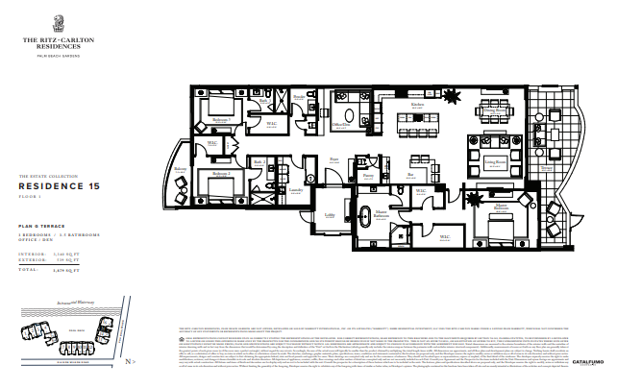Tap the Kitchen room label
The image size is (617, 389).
pos(417,105)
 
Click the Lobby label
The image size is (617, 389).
pos(330,214)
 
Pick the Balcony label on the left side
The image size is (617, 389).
pos(178,169)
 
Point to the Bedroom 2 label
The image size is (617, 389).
pos(219,177)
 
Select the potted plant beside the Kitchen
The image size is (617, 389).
pos(453,94)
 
